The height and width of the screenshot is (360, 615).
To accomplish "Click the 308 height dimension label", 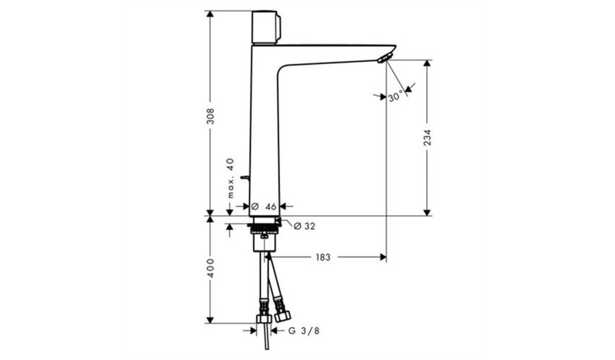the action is pos(211,116).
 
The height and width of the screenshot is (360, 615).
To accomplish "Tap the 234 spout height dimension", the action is pos(427,137).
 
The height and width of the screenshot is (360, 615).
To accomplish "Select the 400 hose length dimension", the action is pos(211,268).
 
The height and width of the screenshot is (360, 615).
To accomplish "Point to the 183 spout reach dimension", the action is pos(322,257).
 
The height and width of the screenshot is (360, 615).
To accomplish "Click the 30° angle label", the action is pos(396,96).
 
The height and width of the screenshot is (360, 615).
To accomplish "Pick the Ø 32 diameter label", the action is pos(304,226).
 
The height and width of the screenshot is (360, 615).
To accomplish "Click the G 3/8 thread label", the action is pos(304,331).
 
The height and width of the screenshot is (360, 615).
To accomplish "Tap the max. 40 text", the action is pos(230,178).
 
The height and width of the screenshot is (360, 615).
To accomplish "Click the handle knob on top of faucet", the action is pos(266,27).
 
